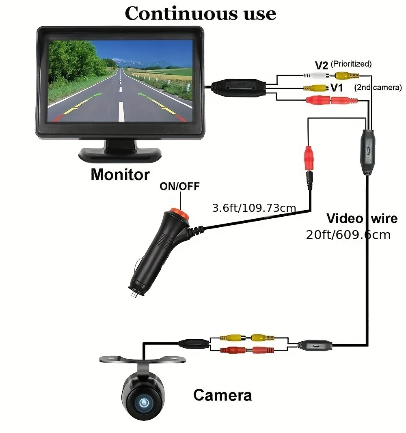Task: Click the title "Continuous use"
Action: coord(200,13)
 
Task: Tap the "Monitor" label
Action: coord(120,174)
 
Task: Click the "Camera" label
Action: coord(222,394)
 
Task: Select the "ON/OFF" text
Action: coord(179,186)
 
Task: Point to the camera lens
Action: coord(143,403)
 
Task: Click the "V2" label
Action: coord(322,65)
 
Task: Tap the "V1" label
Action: coord(337,88)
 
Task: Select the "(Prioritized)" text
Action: coord(351,64)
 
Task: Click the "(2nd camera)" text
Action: coord(378,87)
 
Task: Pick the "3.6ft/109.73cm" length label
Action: coord(254,209)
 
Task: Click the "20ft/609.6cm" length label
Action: coord(348,235)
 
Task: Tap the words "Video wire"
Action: coord(362,219)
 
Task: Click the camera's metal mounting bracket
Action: coord(143,359)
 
